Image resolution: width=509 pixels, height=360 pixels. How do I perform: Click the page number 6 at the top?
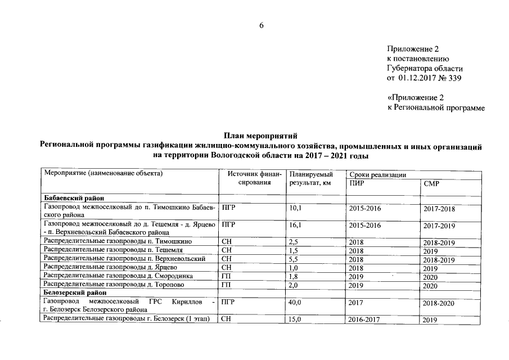[x=260, y=25]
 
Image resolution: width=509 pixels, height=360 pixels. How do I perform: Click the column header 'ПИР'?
[x=356, y=183]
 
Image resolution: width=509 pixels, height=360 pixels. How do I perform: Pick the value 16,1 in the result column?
[x=295, y=225]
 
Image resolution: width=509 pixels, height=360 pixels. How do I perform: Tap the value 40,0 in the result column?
[x=295, y=303]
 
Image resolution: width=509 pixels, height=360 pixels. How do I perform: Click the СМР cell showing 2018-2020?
[x=439, y=303]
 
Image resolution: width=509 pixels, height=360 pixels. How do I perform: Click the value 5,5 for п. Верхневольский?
[x=293, y=259]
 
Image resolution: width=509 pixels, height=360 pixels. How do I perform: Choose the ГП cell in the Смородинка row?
[x=226, y=276]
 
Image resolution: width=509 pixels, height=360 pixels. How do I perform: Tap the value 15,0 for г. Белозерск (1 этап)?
[x=295, y=319]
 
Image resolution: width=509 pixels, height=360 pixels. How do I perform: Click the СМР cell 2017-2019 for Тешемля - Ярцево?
[x=439, y=226]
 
